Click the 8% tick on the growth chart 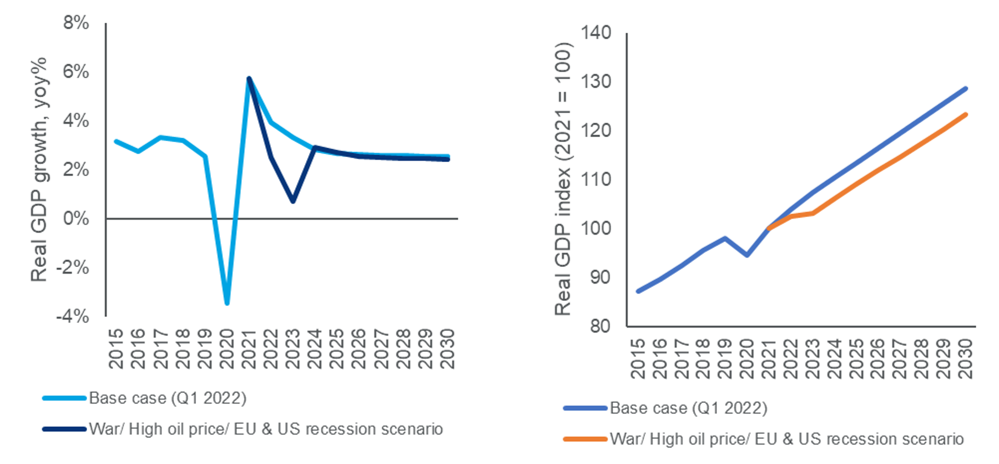[x=76, y=23]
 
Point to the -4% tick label [x=73, y=316]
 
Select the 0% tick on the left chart [x=76, y=218]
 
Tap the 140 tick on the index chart [x=596, y=33]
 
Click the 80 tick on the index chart [x=601, y=326]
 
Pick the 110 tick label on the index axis [x=596, y=179]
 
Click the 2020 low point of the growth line [x=226, y=303]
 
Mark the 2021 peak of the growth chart [x=249, y=78]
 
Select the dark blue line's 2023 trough [x=293, y=200]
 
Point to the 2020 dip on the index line [x=747, y=255]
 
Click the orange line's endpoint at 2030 [x=966, y=115]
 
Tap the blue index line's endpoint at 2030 [x=966, y=89]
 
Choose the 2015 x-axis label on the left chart [x=116, y=349]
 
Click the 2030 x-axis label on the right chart [x=966, y=359]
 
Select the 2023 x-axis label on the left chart [x=292, y=349]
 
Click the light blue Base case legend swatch [x=64, y=398]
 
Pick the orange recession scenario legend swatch [x=585, y=439]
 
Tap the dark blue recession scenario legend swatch [x=64, y=429]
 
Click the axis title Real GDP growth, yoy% [x=39, y=169]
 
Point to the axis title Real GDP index [x=563, y=179]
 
